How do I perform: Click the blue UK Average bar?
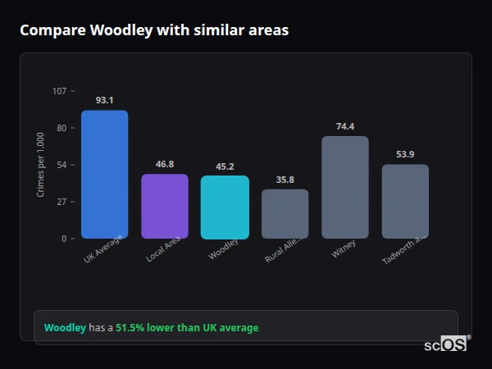(x=104, y=175)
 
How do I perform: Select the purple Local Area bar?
(x=165, y=207)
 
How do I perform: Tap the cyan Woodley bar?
(x=225, y=207)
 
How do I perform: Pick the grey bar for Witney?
(x=345, y=187)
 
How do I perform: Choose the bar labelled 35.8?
(x=285, y=214)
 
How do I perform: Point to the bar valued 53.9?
(x=405, y=202)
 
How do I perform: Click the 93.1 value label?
(x=104, y=100)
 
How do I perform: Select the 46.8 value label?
(x=165, y=164)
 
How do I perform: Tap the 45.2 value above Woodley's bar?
(x=225, y=166)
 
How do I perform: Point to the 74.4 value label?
(x=345, y=126)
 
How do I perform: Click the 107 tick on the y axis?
(x=60, y=91)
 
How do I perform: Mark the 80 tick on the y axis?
(x=61, y=128)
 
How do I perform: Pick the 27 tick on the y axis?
(x=61, y=202)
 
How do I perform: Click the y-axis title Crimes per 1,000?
(x=41, y=165)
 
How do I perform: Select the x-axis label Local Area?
(x=163, y=250)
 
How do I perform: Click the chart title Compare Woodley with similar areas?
(x=154, y=30)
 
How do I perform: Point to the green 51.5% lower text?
(x=187, y=328)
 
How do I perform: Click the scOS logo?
(x=446, y=344)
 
